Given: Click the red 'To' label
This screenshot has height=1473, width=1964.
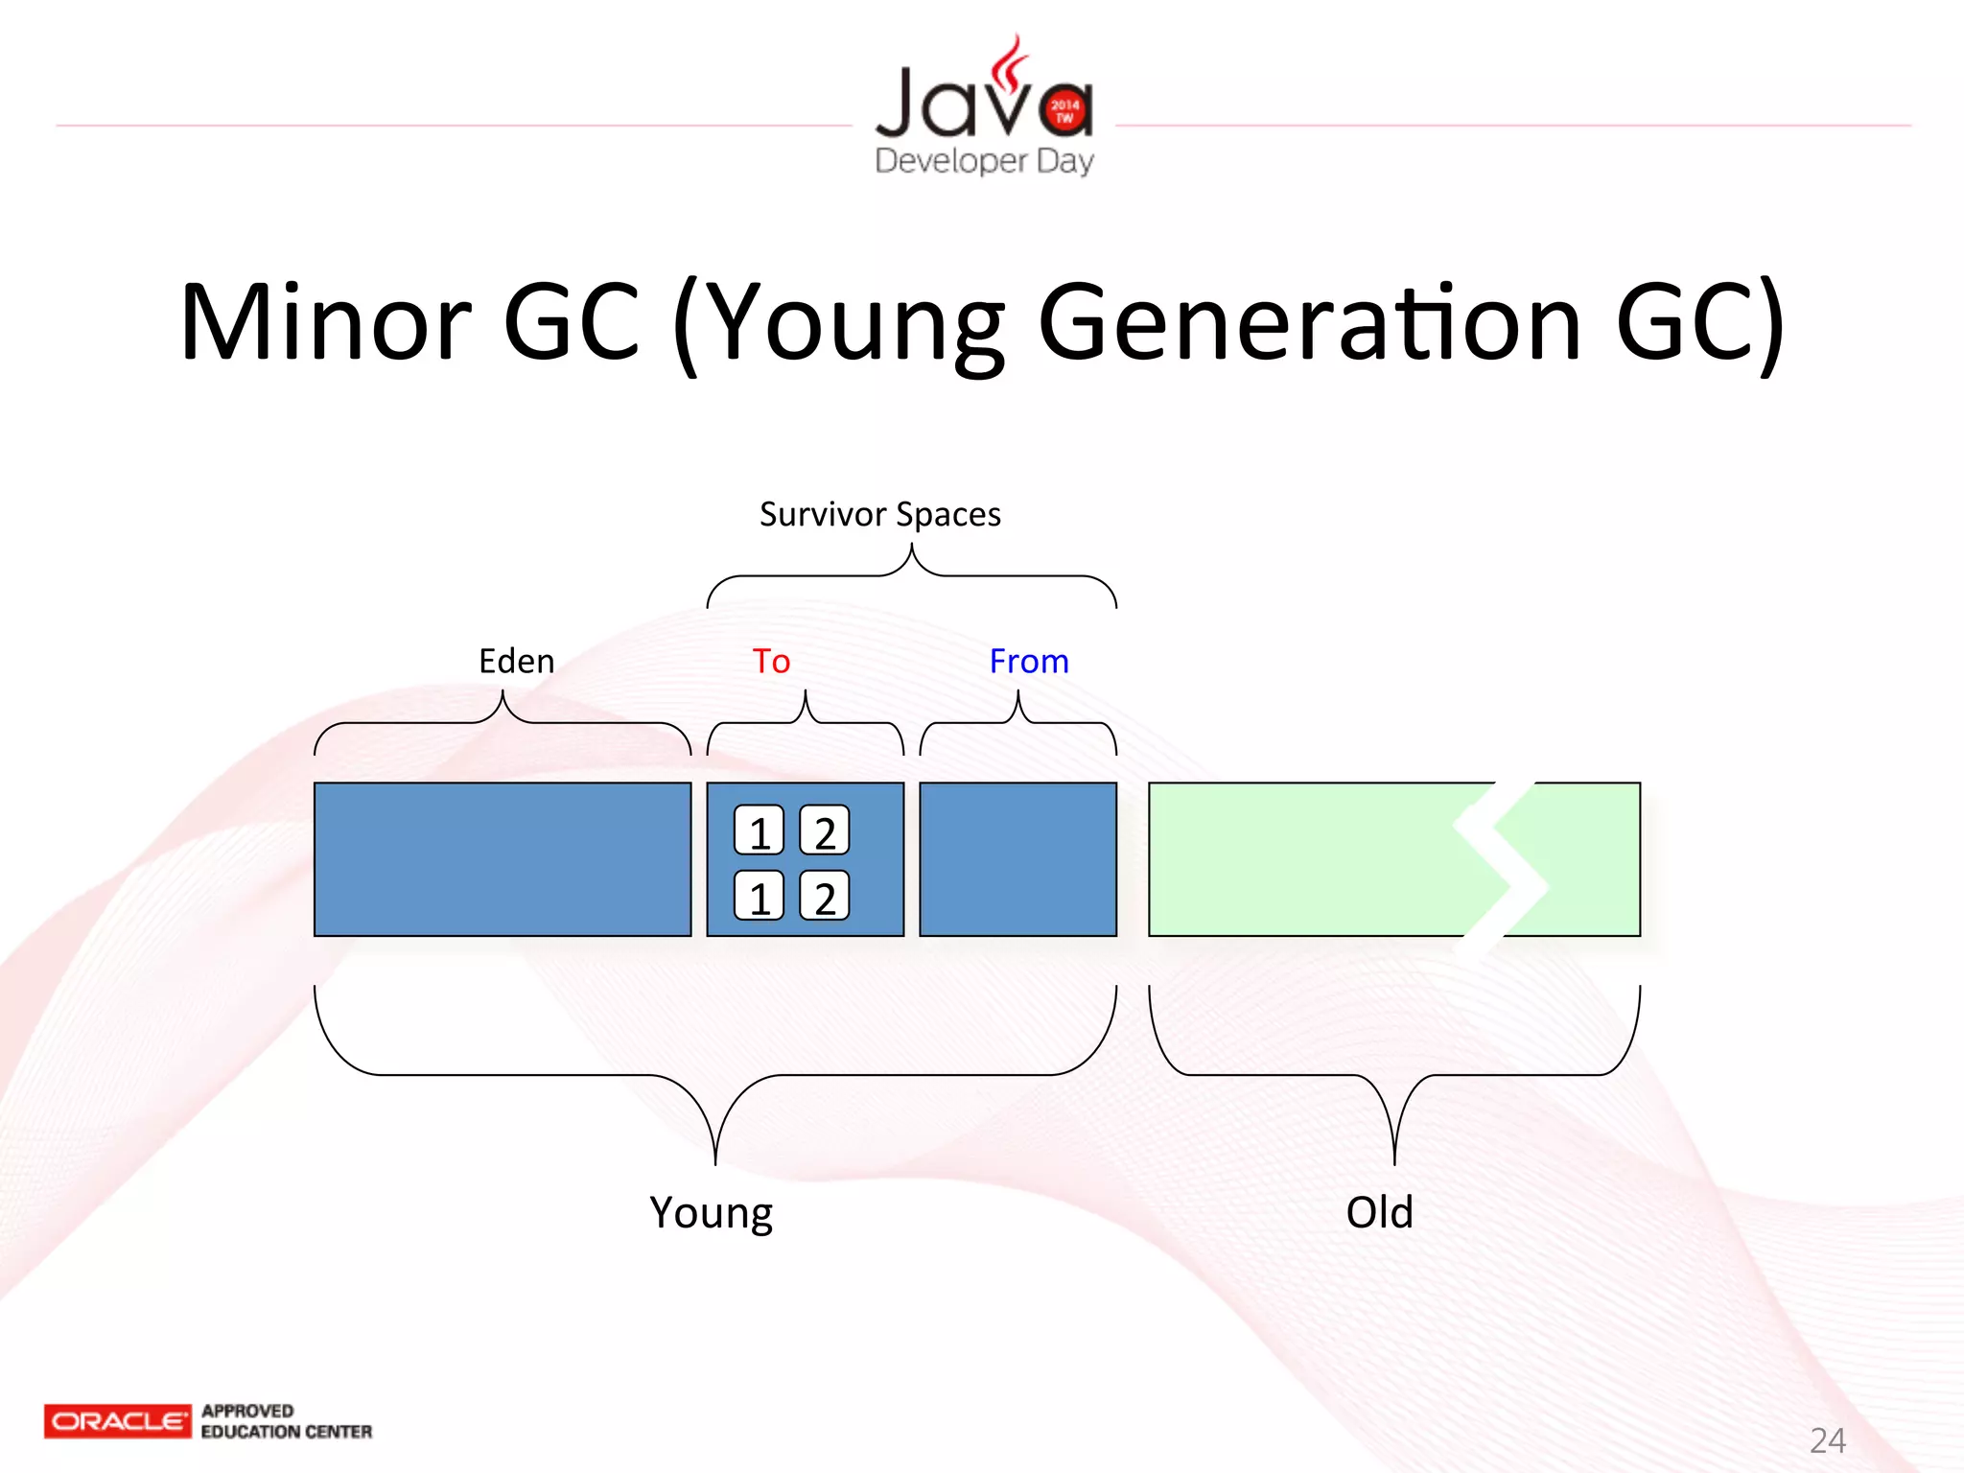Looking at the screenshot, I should [771, 662].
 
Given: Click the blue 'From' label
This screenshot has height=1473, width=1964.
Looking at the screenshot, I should [1028, 662].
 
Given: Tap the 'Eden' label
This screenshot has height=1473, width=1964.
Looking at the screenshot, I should [516, 662].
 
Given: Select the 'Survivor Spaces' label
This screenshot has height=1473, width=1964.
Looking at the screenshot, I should [879, 515].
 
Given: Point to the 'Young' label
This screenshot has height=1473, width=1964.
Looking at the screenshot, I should [711, 1213].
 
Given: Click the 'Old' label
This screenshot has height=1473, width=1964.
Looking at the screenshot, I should [1379, 1212].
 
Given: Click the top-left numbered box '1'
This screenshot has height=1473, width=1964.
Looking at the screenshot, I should [760, 830].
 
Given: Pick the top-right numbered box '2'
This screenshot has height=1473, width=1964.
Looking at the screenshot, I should [825, 830].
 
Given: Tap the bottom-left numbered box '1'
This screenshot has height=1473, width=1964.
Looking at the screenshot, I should [760, 896].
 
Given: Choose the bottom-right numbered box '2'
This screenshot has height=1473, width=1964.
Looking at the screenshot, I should [825, 896].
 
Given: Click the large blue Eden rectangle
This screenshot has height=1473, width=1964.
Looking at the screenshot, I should [503, 859].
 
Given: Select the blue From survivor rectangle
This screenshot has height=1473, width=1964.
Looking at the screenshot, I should [1017, 859].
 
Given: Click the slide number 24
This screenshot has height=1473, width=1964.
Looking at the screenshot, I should [1827, 1440].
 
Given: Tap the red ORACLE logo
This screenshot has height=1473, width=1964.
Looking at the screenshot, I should [117, 1421].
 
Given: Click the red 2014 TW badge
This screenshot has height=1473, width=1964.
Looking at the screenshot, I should [1064, 111].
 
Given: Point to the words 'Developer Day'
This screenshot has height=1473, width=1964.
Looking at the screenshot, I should [984, 160].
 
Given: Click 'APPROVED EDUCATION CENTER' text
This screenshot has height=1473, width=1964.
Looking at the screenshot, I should [286, 1421].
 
